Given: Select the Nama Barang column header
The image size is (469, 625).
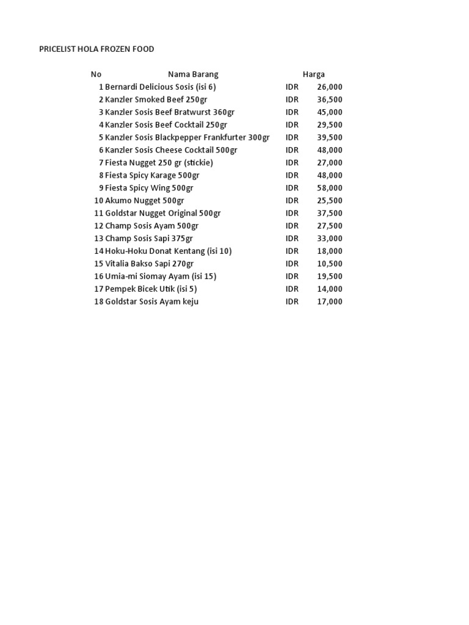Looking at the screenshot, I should click(x=193, y=74).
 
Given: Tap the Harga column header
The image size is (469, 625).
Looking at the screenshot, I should click(x=314, y=74).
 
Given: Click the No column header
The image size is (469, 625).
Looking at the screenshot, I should click(x=96, y=74).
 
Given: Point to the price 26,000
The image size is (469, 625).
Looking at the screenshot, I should click(x=330, y=87).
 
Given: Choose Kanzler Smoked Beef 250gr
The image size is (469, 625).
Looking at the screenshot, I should click(x=156, y=99).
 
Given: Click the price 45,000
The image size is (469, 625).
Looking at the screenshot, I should click(x=330, y=112).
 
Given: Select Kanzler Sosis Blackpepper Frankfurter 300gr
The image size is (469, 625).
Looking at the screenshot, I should click(x=187, y=138).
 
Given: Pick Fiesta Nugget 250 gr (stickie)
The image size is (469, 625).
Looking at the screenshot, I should click(x=159, y=163).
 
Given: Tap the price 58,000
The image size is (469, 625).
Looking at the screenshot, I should click(x=330, y=188).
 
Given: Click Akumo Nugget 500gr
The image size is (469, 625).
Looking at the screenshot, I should click(x=144, y=201).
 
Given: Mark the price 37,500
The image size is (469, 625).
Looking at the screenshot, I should click(x=330, y=214).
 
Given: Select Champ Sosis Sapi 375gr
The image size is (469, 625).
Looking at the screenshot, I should click(x=149, y=239).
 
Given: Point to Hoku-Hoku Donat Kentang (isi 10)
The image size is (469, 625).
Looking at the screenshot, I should click(x=168, y=251).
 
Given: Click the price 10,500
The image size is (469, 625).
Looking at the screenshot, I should click(x=330, y=264).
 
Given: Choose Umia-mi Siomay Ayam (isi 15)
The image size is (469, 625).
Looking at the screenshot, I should click(x=161, y=276).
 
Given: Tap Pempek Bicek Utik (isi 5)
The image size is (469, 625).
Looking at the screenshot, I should click(x=151, y=289).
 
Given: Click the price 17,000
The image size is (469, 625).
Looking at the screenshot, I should click(x=330, y=302).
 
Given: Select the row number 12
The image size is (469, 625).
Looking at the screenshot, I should click(x=99, y=226).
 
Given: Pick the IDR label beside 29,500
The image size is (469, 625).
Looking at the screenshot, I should click(x=292, y=125).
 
